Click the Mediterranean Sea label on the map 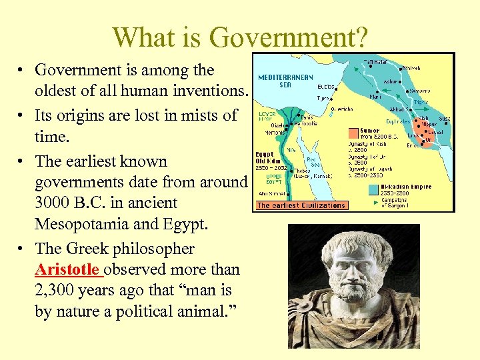point(285,81)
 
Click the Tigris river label point(421,103)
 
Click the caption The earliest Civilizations point(301,205)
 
